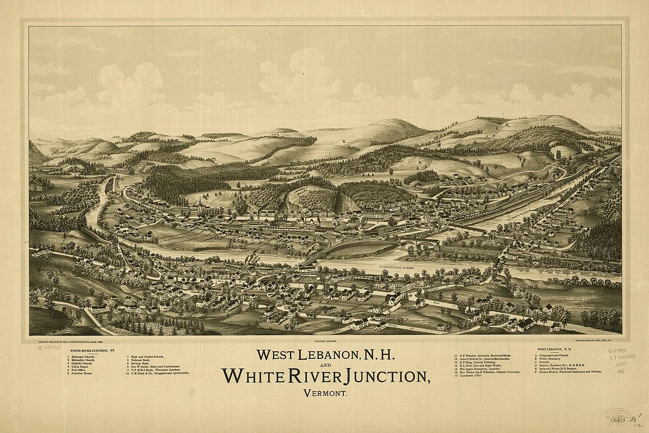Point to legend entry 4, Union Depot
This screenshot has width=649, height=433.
pyautogui.click(x=81, y=367)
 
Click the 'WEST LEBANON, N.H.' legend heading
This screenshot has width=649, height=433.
pyautogui.click(x=555, y=349)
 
